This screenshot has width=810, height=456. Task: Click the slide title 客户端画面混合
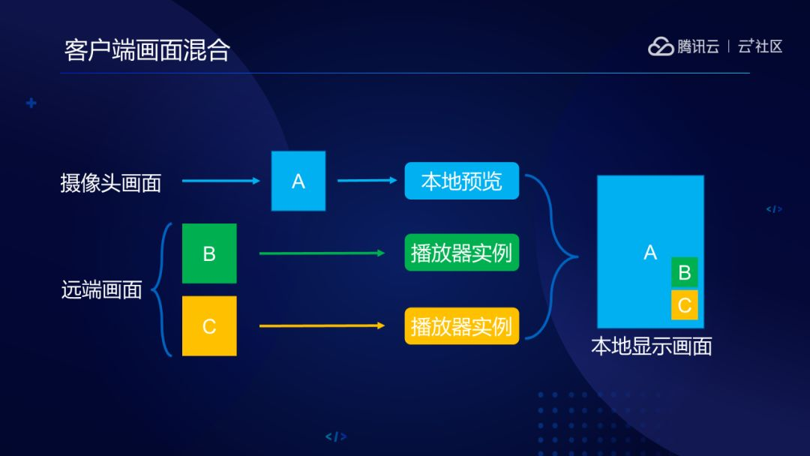(x=147, y=50)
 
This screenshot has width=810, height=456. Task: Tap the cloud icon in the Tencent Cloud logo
(x=661, y=46)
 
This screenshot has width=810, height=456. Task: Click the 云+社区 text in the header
(x=760, y=46)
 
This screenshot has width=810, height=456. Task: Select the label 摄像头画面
(x=111, y=183)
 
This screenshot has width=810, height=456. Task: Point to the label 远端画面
(x=101, y=289)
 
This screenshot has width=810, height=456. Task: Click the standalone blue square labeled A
(x=298, y=181)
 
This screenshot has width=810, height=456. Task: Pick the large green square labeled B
(x=209, y=253)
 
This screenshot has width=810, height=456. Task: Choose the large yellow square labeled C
(x=209, y=325)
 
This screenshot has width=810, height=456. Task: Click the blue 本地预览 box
(x=461, y=181)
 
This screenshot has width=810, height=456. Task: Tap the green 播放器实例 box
(x=461, y=253)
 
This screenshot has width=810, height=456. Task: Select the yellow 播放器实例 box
(x=461, y=325)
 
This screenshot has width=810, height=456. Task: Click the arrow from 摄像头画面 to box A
(x=220, y=181)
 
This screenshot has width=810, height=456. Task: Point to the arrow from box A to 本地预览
(x=367, y=180)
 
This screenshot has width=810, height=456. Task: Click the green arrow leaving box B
(x=322, y=253)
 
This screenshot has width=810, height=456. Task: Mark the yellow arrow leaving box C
(x=322, y=325)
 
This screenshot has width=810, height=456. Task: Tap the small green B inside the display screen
(x=684, y=272)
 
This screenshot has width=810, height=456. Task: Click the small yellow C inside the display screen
(x=684, y=305)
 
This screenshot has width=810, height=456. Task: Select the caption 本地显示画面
(x=651, y=346)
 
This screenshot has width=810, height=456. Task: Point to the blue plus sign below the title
(x=31, y=103)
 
